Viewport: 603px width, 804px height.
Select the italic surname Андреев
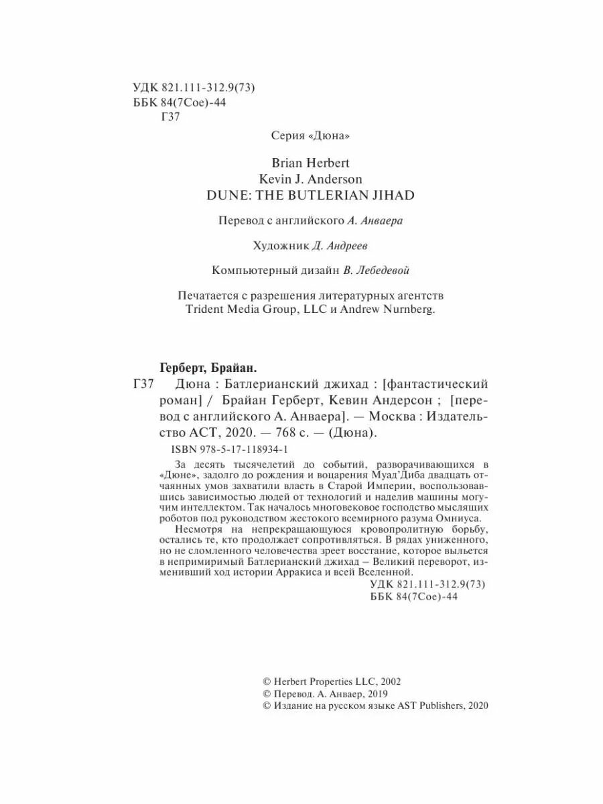[348, 247]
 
